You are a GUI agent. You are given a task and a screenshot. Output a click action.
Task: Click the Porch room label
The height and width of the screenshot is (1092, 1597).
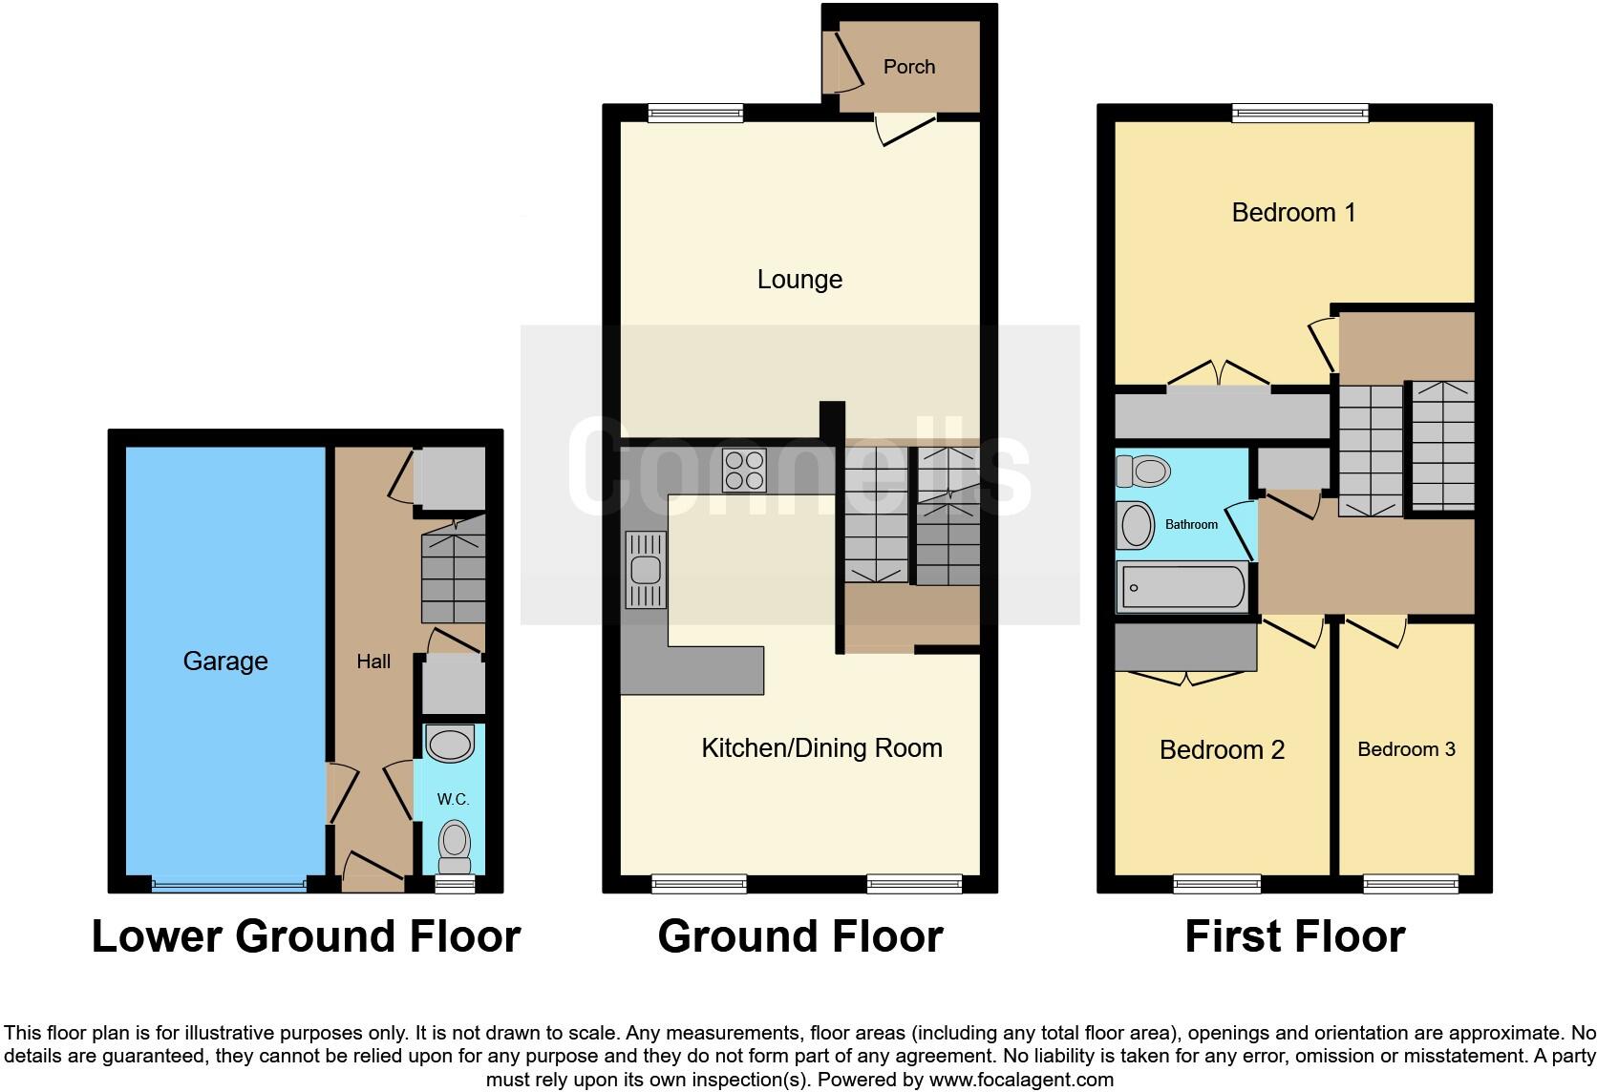pyautogui.click(x=908, y=67)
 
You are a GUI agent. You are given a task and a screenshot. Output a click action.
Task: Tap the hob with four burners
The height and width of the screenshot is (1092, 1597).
pyautogui.click(x=744, y=470)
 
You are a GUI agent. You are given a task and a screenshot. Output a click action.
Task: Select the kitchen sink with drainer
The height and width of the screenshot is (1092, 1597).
pyautogui.click(x=646, y=570)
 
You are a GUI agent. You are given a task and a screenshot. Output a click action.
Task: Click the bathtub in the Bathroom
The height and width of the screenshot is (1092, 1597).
pyautogui.click(x=1182, y=587)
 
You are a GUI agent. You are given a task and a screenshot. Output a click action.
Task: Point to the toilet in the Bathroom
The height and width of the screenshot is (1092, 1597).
pyautogui.click(x=1144, y=471)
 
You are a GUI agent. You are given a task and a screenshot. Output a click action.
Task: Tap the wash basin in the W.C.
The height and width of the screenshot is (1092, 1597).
pyautogui.click(x=450, y=744)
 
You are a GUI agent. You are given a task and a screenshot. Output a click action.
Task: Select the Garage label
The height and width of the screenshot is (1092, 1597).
pyautogui.click(x=225, y=661)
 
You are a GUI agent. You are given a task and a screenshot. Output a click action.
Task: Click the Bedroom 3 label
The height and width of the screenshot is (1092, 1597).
pyautogui.click(x=1406, y=749)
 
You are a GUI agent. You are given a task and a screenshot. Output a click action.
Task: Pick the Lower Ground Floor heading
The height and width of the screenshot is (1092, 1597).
pyautogui.click(x=306, y=936)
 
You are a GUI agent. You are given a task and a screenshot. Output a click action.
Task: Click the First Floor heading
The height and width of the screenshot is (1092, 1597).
pyautogui.click(x=1294, y=936)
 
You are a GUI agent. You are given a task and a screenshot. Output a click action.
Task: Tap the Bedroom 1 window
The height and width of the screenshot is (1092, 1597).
pyautogui.click(x=1300, y=114)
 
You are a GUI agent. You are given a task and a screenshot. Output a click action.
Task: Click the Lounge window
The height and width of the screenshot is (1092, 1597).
pyautogui.click(x=695, y=114)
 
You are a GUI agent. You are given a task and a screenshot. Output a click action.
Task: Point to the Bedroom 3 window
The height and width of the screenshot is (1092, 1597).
pyautogui.click(x=1411, y=884)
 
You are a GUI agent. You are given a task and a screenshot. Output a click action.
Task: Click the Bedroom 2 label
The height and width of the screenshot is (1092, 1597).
pyautogui.click(x=1222, y=750)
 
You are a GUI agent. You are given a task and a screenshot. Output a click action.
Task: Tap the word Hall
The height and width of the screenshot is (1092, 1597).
pyautogui.click(x=373, y=661)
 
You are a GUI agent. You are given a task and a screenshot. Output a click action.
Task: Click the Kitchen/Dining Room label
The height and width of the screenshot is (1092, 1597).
pyautogui.click(x=821, y=747)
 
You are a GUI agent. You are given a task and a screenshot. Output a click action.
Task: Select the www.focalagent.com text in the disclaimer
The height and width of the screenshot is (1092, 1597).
pyautogui.click(x=1021, y=1080)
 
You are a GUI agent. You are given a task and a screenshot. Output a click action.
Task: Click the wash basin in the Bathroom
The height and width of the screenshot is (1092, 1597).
pyautogui.click(x=1136, y=525)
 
